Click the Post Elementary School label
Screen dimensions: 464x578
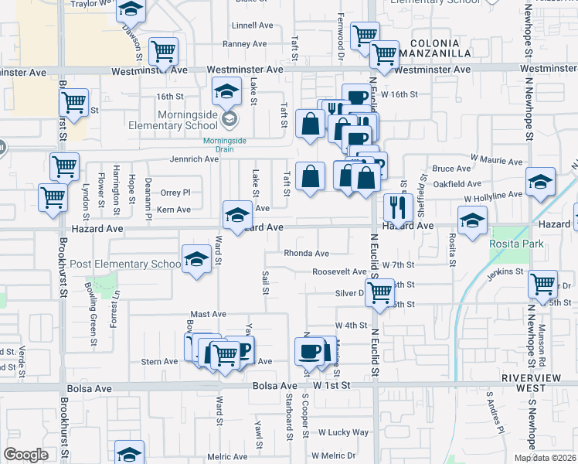click(x=124, y=264)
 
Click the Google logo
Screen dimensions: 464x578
click(x=26, y=455)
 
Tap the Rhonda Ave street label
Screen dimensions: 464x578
click(x=306, y=253)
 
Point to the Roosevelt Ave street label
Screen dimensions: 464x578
click(x=339, y=272)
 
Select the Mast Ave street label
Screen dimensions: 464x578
click(x=208, y=314)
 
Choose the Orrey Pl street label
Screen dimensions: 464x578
click(x=175, y=193)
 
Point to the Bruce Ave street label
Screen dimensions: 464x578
click(x=451, y=168)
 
